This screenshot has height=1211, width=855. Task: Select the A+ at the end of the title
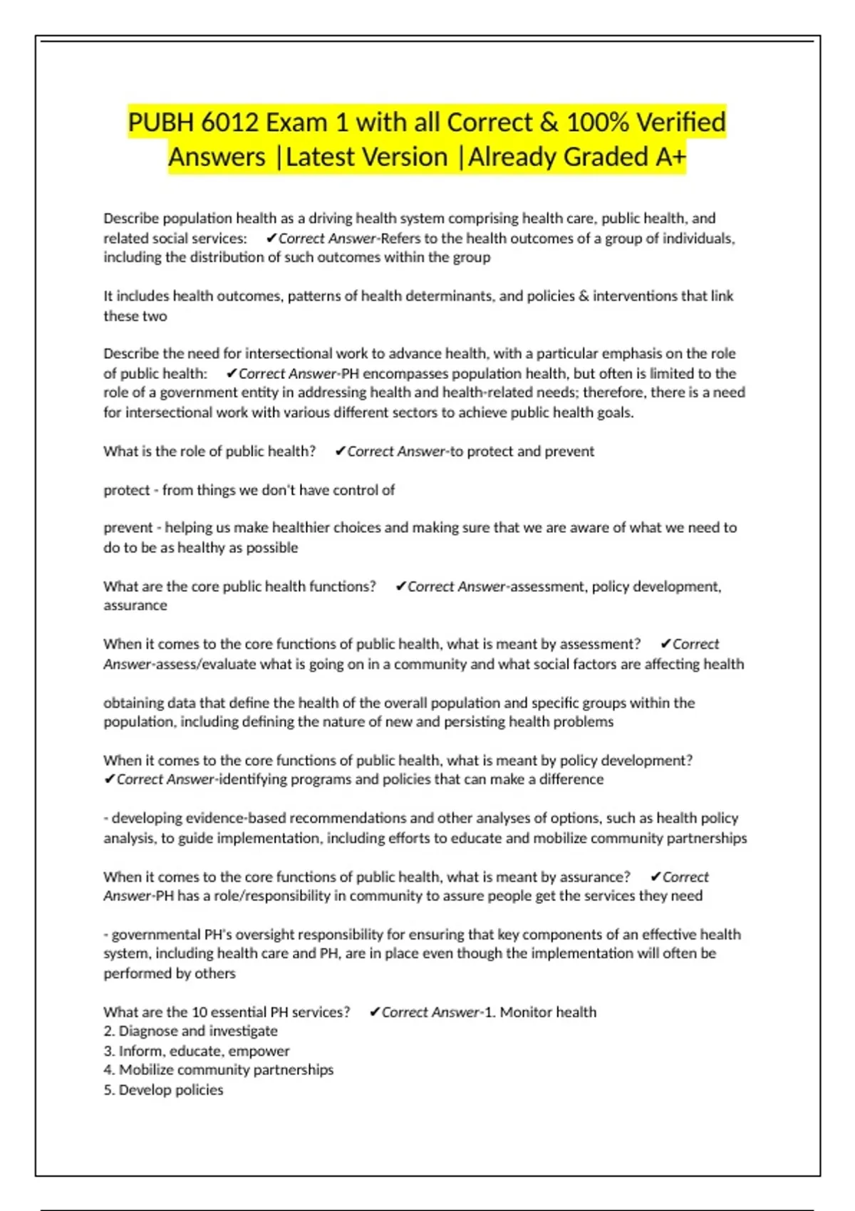670,157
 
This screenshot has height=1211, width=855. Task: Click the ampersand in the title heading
549,123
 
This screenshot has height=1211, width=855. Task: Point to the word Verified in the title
681,123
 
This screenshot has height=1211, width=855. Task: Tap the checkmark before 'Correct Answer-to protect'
340,451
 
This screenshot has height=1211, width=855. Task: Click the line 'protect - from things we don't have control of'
249,490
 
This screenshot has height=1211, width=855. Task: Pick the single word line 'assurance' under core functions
135,605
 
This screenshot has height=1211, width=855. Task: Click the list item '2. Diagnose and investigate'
190,1031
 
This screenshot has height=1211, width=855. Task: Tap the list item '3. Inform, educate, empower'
196,1051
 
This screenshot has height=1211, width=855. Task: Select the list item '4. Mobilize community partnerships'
218,1070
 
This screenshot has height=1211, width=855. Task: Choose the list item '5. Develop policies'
163,1090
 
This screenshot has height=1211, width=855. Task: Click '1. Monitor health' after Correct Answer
540,1012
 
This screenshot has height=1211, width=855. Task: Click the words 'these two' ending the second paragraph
135,316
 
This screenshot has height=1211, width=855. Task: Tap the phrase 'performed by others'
170,973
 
